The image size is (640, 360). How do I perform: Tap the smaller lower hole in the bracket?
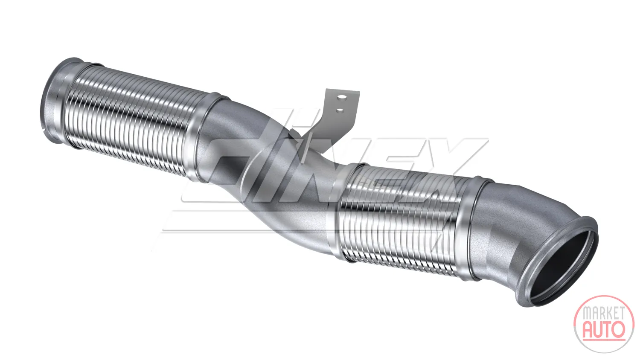340,110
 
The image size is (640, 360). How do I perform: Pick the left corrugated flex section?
134,120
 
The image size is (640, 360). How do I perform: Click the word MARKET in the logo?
603,313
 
